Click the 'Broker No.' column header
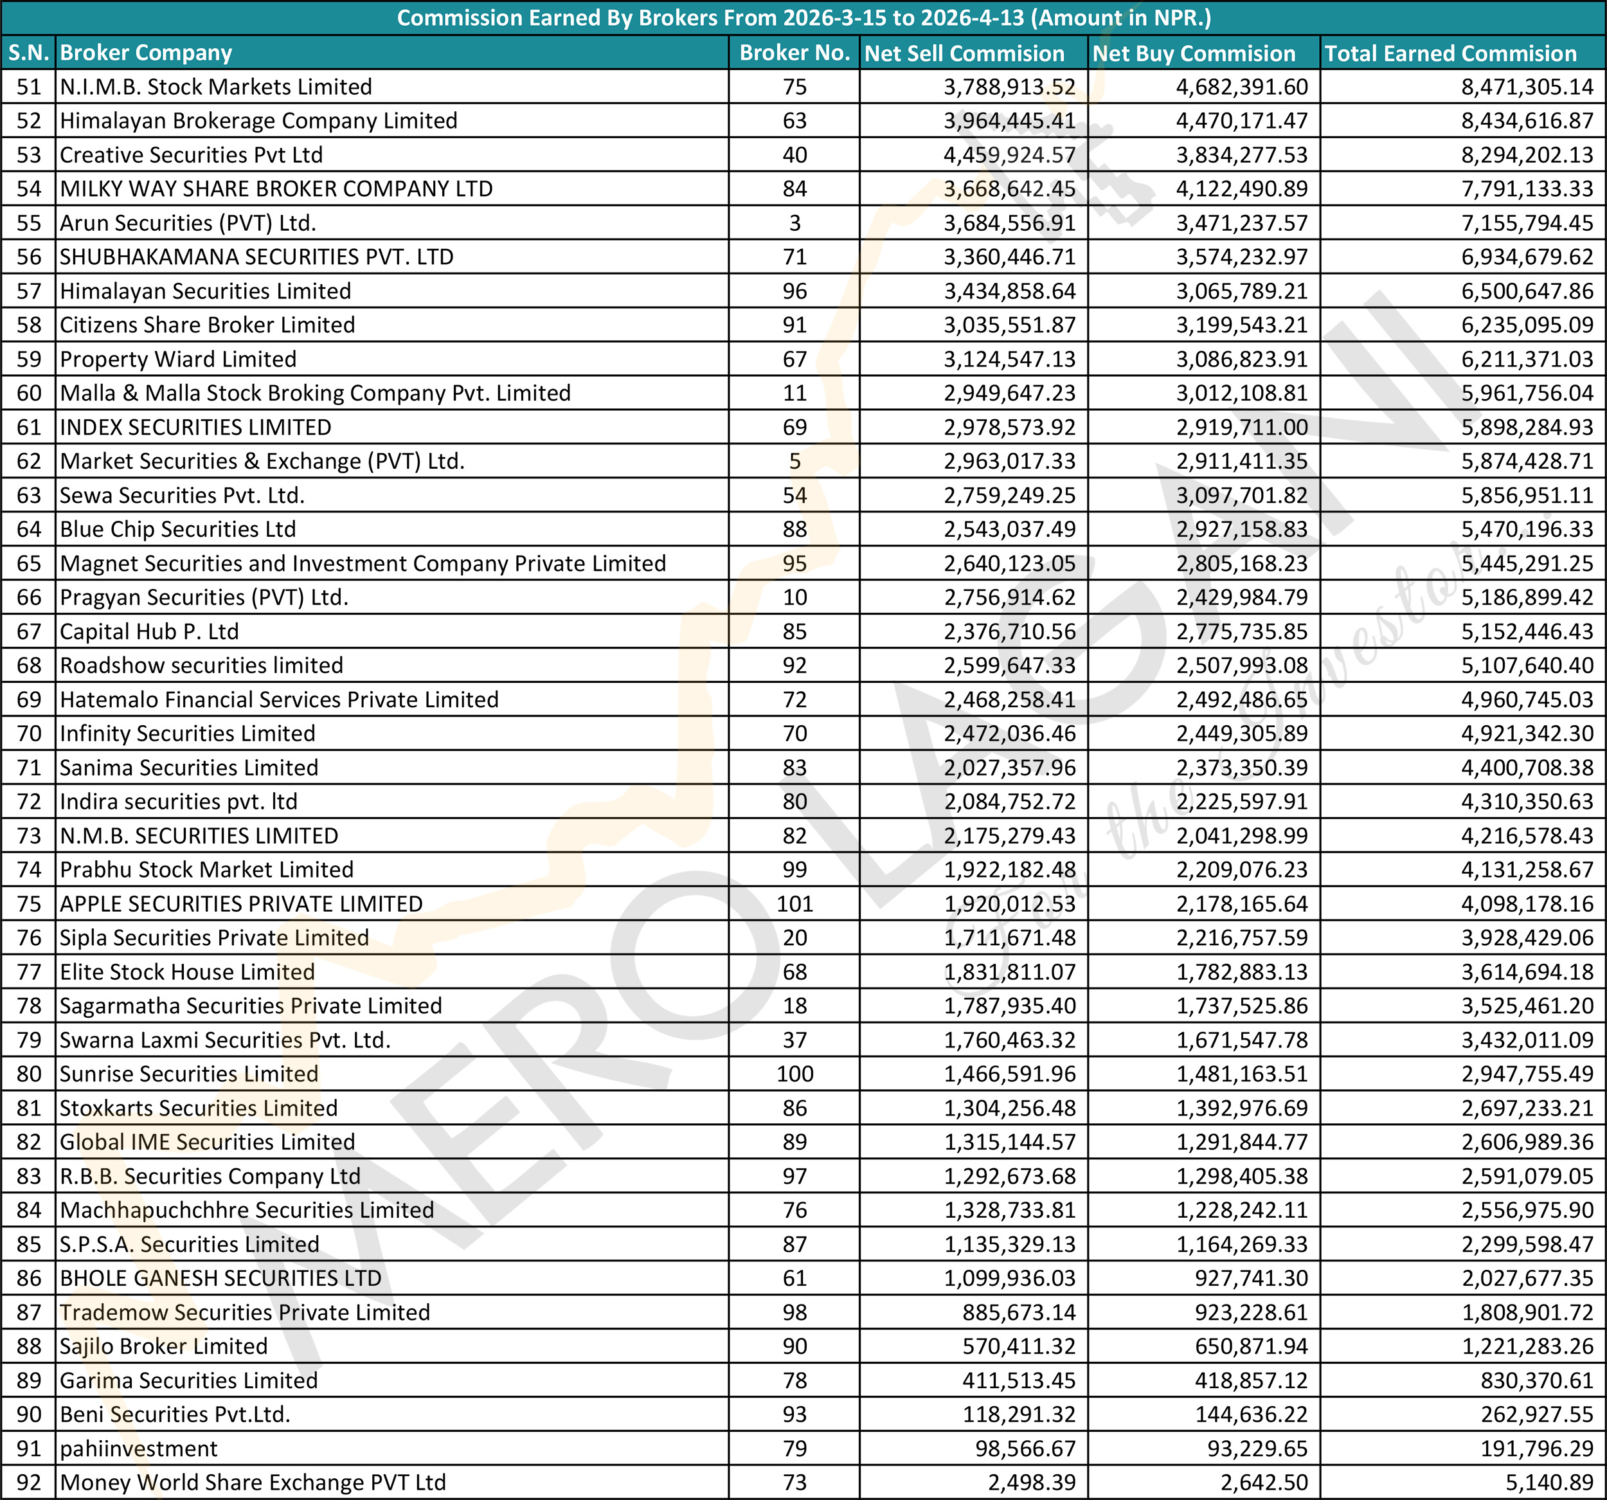pyautogui.click(x=794, y=53)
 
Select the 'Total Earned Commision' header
pyautogui.click(x=1450, y=53)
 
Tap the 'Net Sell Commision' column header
pyautogui.click(x=964, y=53)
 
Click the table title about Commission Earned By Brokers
pyautogui.click(x=803, y=18)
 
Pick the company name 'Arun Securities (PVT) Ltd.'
pyautogui.click(x=188, y=222)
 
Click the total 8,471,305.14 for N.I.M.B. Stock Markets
pyautogui.click(x=1526, y=87)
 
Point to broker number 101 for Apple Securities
pyautogui.click(x=794, y=903)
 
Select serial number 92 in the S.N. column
pyautogui.click(x=29, y=1482)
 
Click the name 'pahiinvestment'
pyautogui.click(x=138, y=1449)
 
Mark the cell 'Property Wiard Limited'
pyautogui.click(x=178, y=359)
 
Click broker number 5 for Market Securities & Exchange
pyautogui.click(x=794, y=461)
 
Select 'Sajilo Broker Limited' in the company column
pyautogui.click(x=163, y=1346)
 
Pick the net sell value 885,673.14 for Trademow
pyautogui.click(x=1019, y=1312)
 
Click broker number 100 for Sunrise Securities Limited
pyautogui.click(x=794, y=1074)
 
